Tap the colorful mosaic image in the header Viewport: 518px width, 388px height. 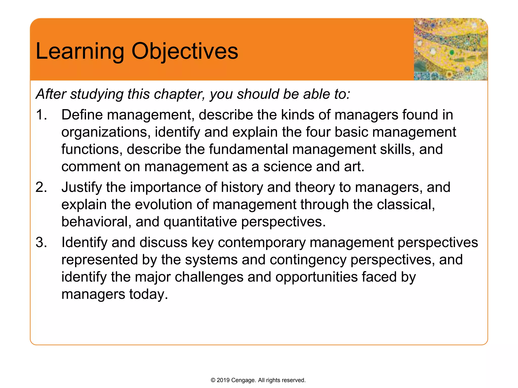click(450, 49)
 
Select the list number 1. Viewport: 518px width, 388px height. click(41, 115)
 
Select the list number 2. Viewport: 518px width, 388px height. click(41, 187)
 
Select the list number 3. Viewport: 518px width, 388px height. click(41, 243)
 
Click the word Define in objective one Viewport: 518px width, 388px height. click(82, 115)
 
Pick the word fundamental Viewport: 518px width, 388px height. click(248, 149)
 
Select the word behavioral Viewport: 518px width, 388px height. click(96, 222)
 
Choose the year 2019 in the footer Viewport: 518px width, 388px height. click(223, 380)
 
